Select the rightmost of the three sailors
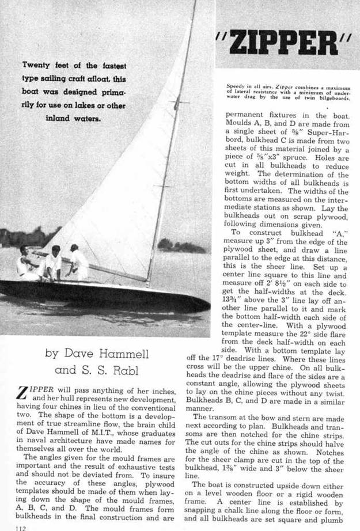[77, 262]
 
